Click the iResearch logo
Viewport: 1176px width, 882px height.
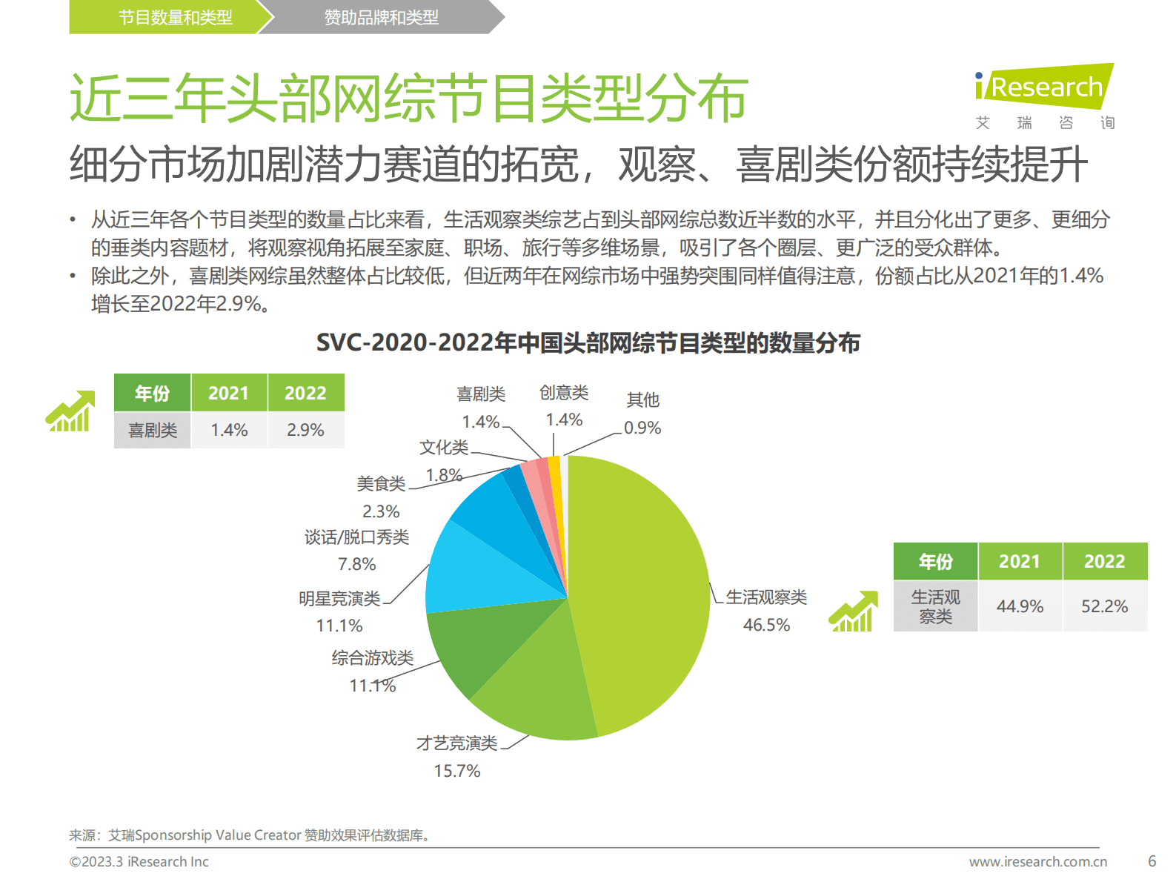[x=1044, y=87]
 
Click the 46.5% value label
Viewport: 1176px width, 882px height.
[x=766, y=625]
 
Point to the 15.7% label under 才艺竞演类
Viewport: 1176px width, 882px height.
[x=456, y=771]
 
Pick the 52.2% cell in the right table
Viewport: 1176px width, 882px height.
[x=1104, y=606]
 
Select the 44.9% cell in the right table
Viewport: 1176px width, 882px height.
[x=1020, y=606]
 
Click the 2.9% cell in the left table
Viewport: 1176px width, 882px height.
[x=305, y=430]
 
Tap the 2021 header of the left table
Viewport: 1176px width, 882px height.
[x=228, y=393]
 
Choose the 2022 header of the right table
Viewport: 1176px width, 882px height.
[x=1104, y=561]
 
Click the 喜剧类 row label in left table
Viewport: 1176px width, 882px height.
[x=153, y=430]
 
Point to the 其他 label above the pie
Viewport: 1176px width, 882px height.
[x=642, y=400]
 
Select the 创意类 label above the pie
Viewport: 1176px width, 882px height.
[x=563, y=392]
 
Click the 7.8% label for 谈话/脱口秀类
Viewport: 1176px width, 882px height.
[x=356, y=564]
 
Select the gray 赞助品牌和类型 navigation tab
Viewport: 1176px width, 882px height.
[x=381, y=17]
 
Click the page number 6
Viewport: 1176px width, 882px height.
[x=1152, y=861]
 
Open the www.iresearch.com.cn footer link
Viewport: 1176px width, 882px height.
[x=1037, y=861]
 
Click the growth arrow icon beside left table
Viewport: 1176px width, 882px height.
[x=70, y=411]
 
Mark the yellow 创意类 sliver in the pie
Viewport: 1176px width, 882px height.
[x=555, y=474]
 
